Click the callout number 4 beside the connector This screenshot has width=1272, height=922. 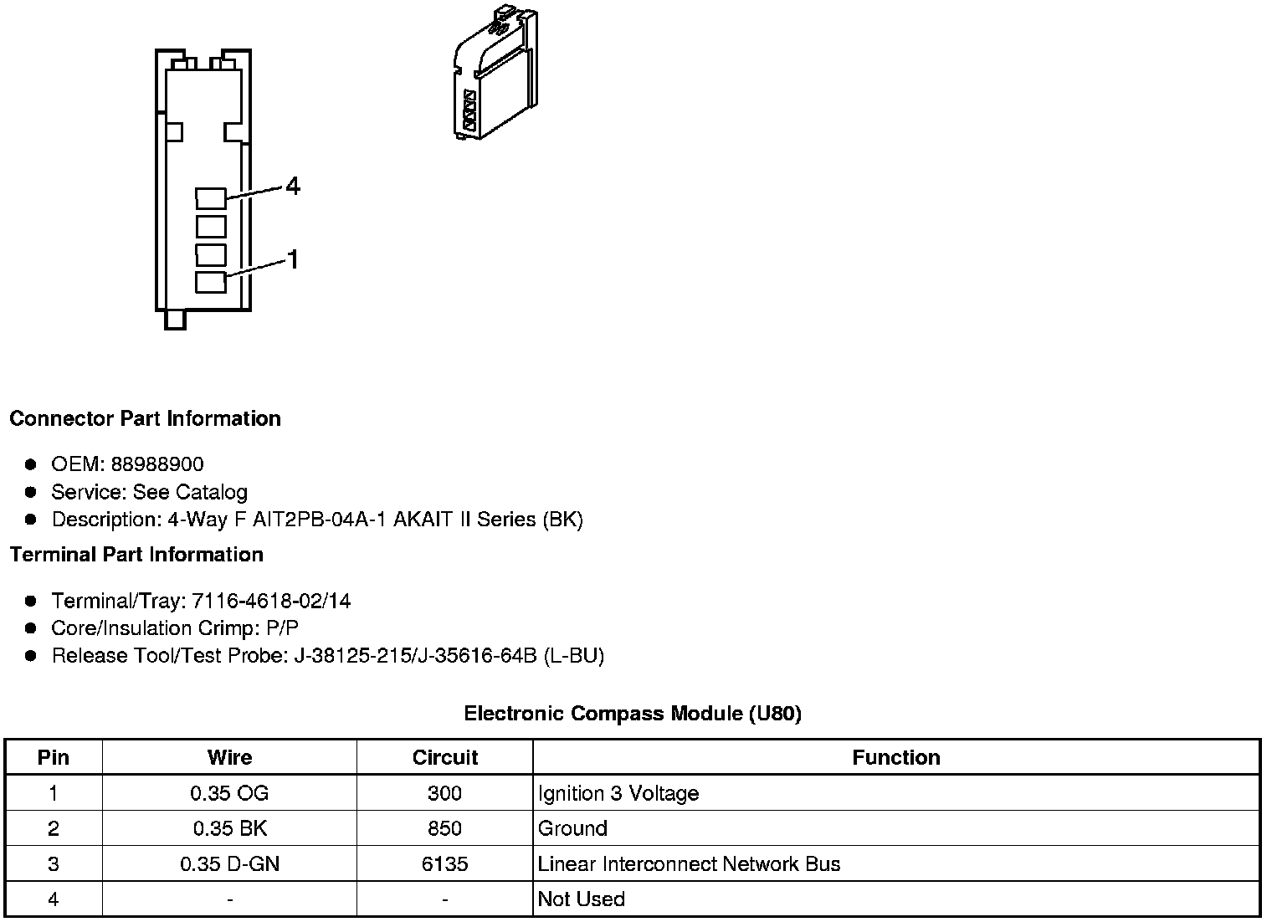292,186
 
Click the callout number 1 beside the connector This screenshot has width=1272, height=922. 293,260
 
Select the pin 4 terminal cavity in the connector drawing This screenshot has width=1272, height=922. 211,198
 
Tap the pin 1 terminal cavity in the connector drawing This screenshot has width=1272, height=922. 211,282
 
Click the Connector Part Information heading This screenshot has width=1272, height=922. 145,418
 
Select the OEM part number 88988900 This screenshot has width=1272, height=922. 157,464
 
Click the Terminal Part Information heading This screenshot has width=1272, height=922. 136,555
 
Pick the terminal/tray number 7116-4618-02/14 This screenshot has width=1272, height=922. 272,601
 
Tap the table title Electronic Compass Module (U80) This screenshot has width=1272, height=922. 633,714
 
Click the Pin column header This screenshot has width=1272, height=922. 54,757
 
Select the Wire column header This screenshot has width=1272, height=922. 229,757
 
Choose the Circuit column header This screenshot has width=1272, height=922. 444,757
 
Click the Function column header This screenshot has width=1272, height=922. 896,757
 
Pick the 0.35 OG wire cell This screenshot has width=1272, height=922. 229,793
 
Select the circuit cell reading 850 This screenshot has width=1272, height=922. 444,828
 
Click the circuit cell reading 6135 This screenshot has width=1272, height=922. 444,864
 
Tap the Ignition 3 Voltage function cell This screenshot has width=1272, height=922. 618,793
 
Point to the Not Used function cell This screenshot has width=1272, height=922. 582,899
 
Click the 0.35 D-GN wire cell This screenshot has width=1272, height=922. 229,864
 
